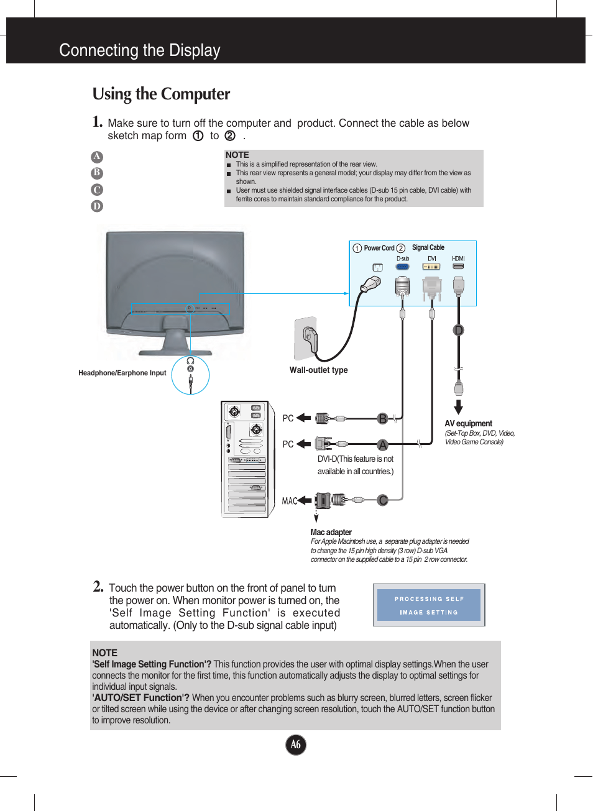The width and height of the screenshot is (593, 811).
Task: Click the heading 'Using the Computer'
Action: pyautogui.click(x=161, y=94)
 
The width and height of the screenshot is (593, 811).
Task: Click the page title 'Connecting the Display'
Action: pyautogui.click(x=140, y=50)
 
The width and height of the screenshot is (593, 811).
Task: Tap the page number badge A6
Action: pyautogui.click(x=296, y=745)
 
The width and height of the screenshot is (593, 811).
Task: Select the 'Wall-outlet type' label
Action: pyautogui.click(x=318, y=370)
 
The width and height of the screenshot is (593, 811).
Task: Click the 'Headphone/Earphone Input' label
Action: pyautogui.click(x=122, y=373)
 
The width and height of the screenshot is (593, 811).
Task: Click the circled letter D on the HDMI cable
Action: pyautogui.click(x=459, y=330)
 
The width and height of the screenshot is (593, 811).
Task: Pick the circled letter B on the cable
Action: pyautogui.click(x=383, y=418)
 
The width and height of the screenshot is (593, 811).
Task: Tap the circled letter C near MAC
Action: pyautogui.click(x=383, y=500)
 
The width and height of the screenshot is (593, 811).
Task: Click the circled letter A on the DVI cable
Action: pyautogui.click(x=383, y=444)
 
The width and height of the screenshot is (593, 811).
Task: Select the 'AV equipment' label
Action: pyautogui.click(x=468, y=423)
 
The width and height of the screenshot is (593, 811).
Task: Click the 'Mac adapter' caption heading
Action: pyautogui.click(x=331, y=532)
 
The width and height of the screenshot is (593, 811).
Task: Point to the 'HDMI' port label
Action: pyautogui.click(x=458, y=259)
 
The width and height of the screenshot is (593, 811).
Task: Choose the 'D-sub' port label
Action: pyautogui.click(x=403, y=259)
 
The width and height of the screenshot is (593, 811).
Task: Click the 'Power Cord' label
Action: pyautogui.click(x=379, y=248)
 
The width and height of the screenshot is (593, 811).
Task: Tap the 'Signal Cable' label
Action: pyautogui.click(x=428, y=247)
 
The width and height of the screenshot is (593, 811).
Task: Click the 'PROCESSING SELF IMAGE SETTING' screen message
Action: pyautogui.click(x=429, y=605)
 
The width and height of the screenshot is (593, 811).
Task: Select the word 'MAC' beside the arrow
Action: pyautogui.click(x=289, y=501)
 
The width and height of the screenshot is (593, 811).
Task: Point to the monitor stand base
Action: pyautogui.click(x=175, y=351)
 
